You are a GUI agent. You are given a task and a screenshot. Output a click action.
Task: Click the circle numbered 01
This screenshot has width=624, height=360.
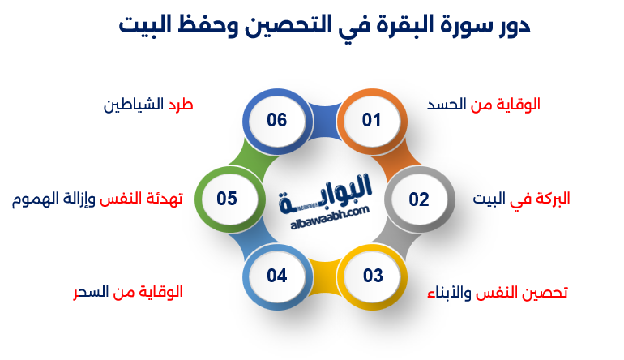[372, 121]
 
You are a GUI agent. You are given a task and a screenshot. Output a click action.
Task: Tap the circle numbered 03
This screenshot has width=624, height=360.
[372, 276]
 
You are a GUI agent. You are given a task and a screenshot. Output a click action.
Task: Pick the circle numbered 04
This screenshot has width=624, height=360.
[277, 276]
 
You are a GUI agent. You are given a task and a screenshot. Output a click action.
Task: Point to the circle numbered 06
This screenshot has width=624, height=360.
[277, 121]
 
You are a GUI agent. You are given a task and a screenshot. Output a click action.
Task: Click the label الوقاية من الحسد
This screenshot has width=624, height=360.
[483, 105]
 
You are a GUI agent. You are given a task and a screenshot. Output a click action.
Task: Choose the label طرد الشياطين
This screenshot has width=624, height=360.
[148, 105]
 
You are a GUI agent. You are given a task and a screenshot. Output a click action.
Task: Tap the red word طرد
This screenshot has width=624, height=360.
[180, 105]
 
